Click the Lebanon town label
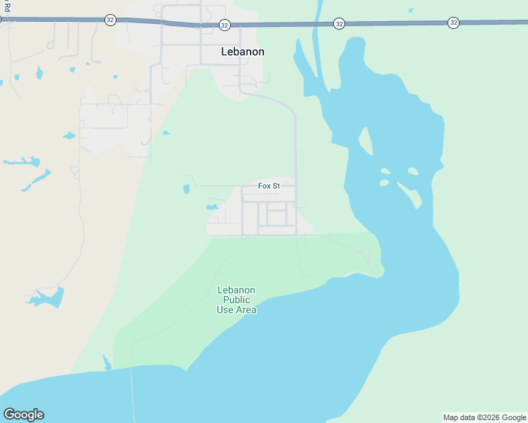pyautogui.click(x=242, y=51)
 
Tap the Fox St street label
pyautogui.click(x=269, y=186)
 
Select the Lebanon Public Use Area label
pyautogui.click(x=236, y=300)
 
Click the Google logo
pyautogui.click(x=23, y=415)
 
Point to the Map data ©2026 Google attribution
pyautogui.click(x=485, y=417)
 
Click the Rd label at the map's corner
pyautogui.click(x=6, y=7)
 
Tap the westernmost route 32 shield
pyautogui.click(x=110, y=20)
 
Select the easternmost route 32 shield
pyautogui.click(x=453, y=23)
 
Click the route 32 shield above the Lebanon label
pyautogui.click(x=224, y=25)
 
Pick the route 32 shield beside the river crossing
pyautogui.click(x=340, y=24)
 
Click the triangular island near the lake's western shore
pyautogui.click(x=365, y=141)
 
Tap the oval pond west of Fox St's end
pyautogui.click(x=186, y=189)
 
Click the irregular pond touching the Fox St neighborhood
pyautogui.click(x=212, y=207)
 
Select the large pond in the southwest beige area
pyautogui.click(x=48, y=298)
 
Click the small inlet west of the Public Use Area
pyautogui.click(x=107, y=363)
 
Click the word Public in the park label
pyautogui.click(x=236, y=300)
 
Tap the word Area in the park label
pyautogui.click(x=246, y=309)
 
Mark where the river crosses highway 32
pyautogui.click(x=318, y=23)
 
